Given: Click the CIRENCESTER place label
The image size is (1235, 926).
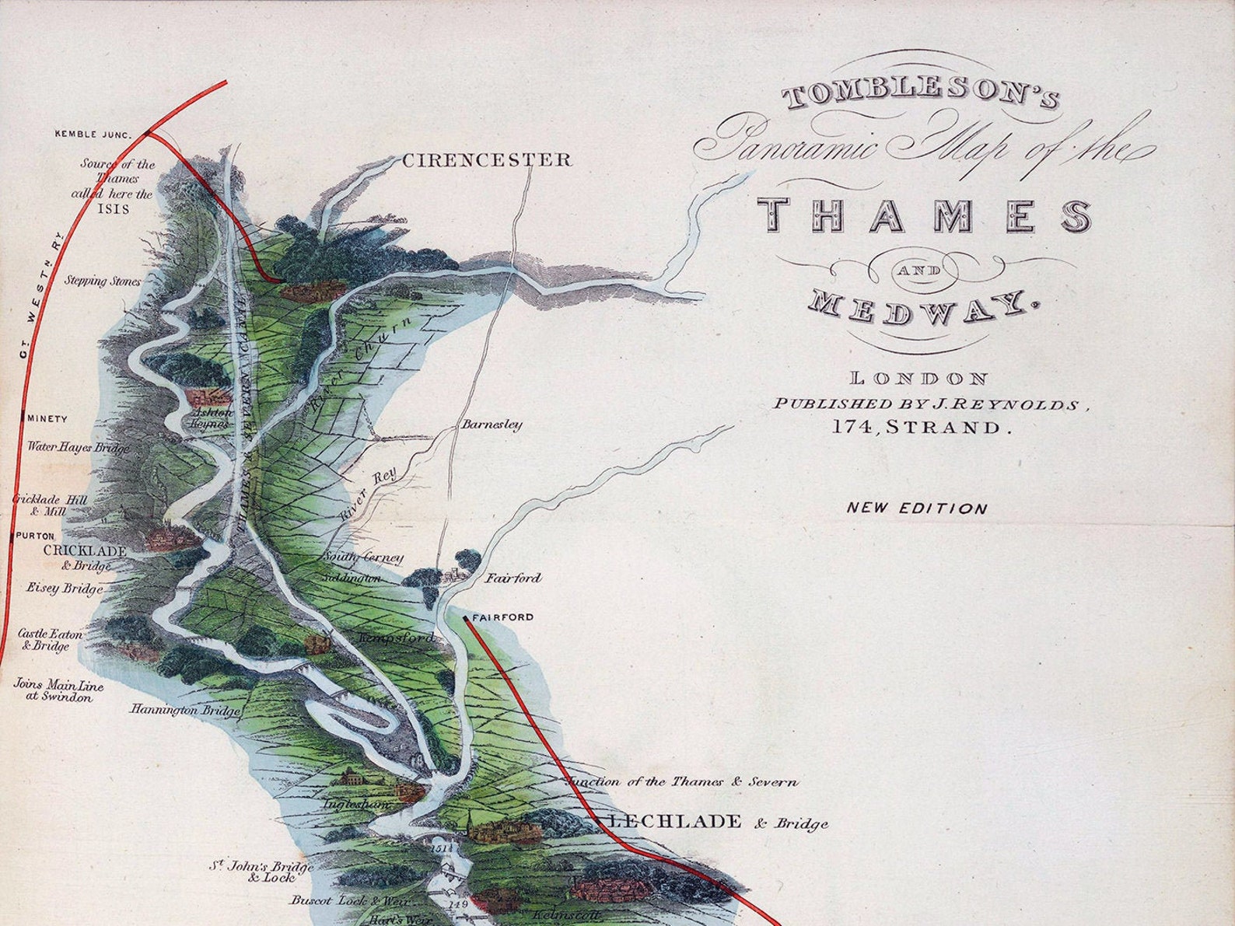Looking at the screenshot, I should point(487,160).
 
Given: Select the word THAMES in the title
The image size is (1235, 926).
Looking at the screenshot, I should point(924,215).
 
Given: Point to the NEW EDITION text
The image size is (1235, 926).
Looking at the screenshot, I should point(917,508).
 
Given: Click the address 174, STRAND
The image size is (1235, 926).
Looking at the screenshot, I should point(923,427).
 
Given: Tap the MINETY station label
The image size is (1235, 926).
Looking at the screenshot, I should point(47,418).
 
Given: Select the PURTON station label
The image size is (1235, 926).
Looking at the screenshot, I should point(35,536).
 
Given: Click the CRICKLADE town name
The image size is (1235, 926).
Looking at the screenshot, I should point(85,550).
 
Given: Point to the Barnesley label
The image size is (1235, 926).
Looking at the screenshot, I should point(492,425).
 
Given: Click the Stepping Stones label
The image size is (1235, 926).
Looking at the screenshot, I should point(103,281).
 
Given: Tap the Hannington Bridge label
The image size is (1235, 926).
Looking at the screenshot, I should point(185,710).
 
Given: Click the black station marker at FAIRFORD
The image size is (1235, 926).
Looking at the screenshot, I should point(465,618).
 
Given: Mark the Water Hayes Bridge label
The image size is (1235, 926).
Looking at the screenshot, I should point(79,448).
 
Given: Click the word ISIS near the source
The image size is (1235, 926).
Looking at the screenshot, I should point(114,208).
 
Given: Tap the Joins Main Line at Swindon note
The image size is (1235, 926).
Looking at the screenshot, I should point(58,690).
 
